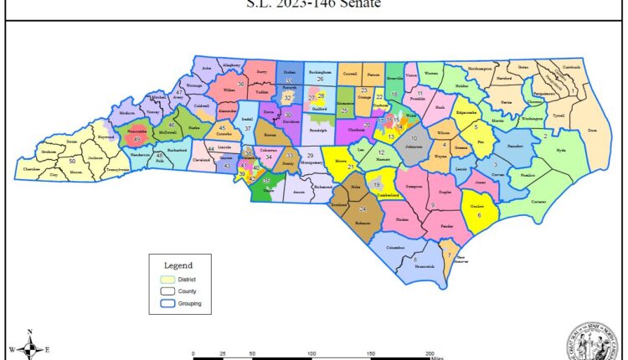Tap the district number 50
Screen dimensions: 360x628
coord(73,160)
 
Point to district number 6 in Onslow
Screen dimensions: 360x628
coord(479,215)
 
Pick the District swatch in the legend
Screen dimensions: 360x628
coord(168,280)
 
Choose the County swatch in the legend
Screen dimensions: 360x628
coord(168,291)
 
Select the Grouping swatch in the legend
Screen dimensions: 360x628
coord(168,303)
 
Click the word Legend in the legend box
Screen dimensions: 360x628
coord(178,265)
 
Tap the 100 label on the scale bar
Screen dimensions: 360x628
coord(311,354)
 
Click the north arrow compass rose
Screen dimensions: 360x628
coord(29,347)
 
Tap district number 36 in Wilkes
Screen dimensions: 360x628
coord(241,84)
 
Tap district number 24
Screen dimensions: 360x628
coord(363,208)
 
